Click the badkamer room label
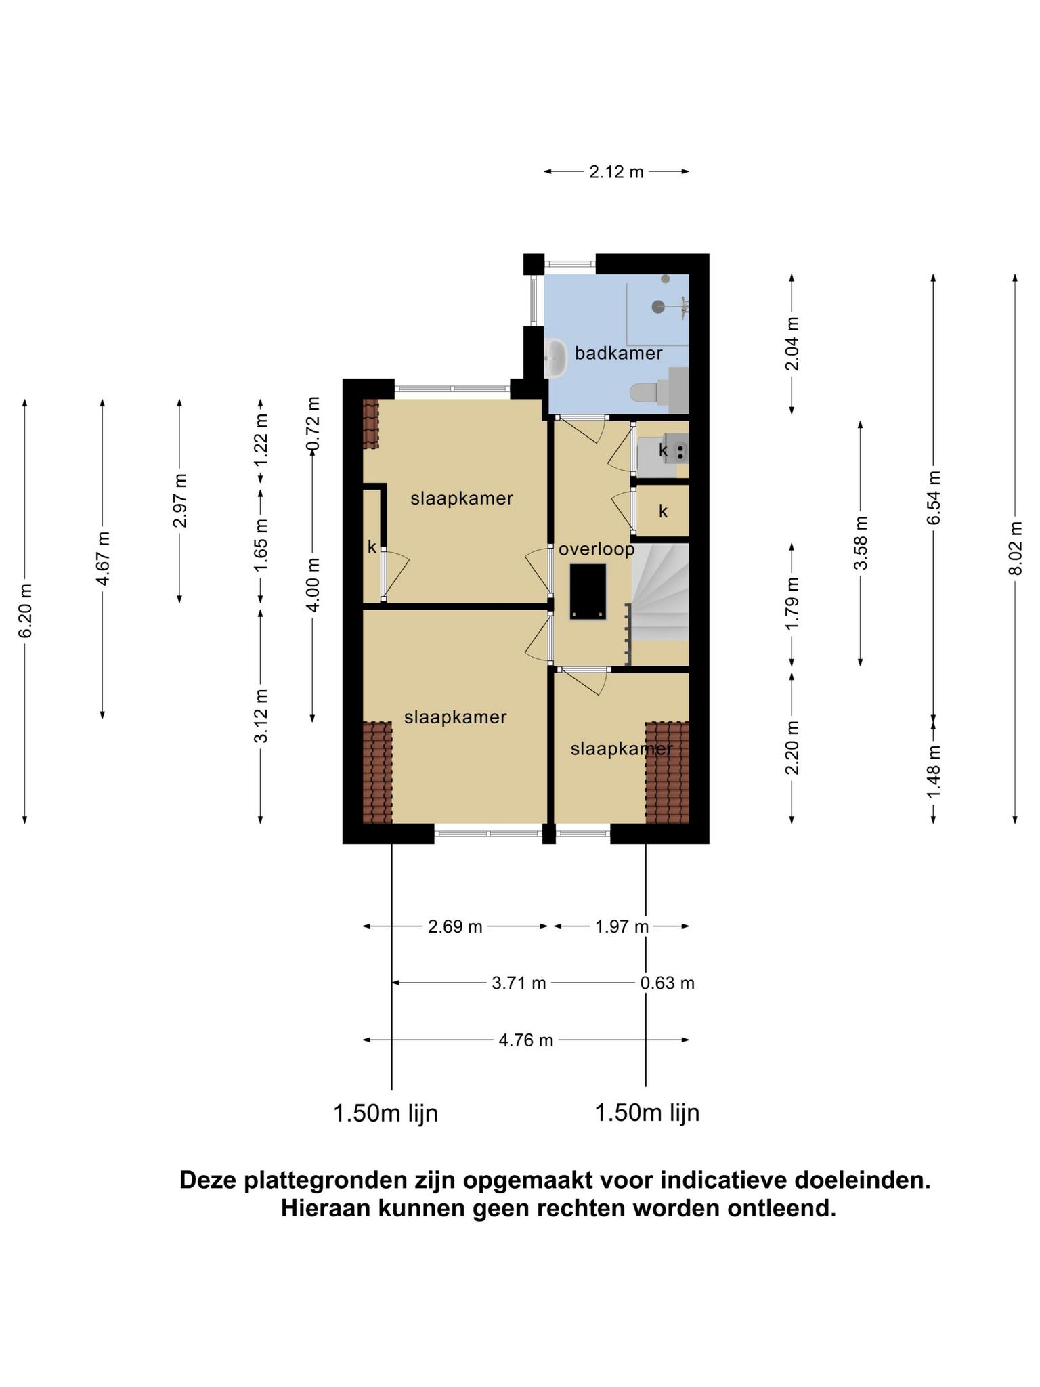618,353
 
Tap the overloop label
597,549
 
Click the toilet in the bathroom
650,391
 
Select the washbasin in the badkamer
556,358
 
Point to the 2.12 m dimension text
616,172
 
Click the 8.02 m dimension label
1014,549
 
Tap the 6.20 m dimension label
25,611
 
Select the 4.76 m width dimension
526,1040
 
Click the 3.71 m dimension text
519,983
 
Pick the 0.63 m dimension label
668,983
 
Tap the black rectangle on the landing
588,591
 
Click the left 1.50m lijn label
386,1113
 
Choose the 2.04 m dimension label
792,343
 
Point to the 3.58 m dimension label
861,544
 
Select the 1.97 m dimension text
622,926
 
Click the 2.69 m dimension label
455,926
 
